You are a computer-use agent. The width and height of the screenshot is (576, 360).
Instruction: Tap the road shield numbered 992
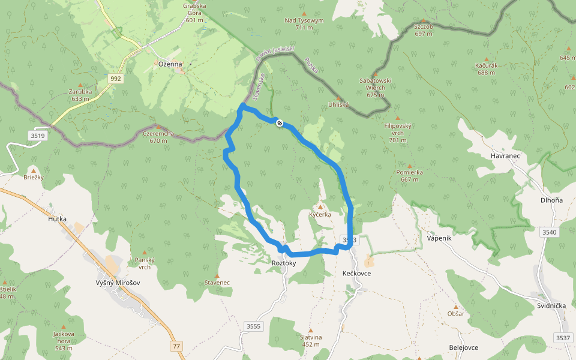(x=116, y=79)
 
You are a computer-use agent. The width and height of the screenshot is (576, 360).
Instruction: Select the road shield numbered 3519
(x=37, y=136)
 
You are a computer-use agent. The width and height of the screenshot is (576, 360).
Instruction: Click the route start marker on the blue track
(x=280, y=123)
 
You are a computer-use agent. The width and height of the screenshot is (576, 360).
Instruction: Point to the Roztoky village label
(x=284, y=263)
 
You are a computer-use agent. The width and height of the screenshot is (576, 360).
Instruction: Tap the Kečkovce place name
(x=356, y=273)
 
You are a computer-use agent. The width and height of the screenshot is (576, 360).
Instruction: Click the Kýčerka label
(x=320, y=214)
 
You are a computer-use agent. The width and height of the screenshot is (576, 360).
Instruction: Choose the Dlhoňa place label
(x=551, y=200)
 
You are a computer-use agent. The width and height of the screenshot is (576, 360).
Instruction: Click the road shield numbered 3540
(x=549, y=232)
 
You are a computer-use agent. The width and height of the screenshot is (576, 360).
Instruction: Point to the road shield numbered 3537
(x=563, y=338)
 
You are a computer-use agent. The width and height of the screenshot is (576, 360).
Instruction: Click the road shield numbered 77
(x=176, y=346)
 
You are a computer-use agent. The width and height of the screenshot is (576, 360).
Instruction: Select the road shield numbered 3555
(x=254, y=326)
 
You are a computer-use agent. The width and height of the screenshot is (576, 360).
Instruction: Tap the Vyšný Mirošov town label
(x=118, y=283)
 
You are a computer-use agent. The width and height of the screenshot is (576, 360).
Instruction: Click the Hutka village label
(x=57, y=219)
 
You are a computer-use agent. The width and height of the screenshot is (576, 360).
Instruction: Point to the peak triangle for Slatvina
(x=311, y=330)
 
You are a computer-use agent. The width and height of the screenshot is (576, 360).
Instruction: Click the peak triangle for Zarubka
(x=80, y=85)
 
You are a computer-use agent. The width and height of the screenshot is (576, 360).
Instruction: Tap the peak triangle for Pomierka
(x=410, y=166)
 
